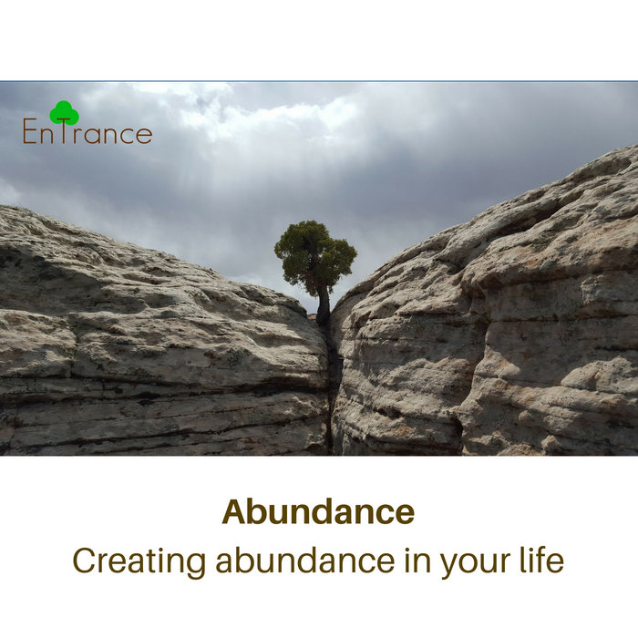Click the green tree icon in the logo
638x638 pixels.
(64, 112)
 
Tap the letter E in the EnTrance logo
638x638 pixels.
(30, 133)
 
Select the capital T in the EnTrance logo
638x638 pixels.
(65, 132)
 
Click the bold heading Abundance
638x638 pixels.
(318, 511)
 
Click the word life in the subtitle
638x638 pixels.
(541, 559)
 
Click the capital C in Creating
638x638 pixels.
(85, 561)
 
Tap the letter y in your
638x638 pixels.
(449, 565)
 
